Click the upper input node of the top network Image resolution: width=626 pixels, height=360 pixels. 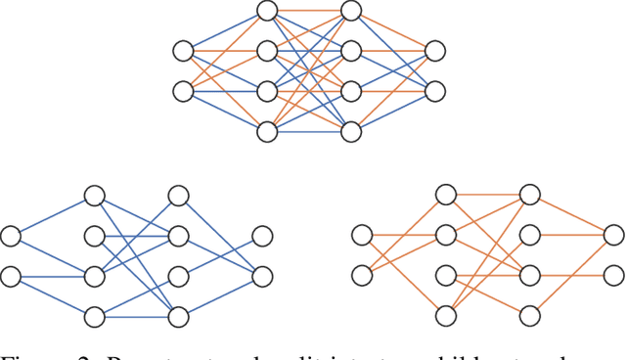pos(183,51)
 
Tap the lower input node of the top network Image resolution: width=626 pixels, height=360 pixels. pos(183,91)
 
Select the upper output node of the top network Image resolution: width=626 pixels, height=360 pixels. pos(435,51)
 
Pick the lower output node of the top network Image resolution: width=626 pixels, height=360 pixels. pos(435,91)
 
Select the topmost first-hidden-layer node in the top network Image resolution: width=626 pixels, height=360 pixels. pos(267,11)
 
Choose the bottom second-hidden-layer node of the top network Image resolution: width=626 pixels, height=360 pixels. pos(351,131)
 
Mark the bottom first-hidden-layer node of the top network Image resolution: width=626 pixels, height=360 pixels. pos(267,131)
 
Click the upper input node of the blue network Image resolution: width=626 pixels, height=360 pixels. pos(11,236)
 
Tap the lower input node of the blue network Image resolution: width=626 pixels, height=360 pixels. pos(11,277)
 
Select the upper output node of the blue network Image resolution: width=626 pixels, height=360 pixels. pos(262,236)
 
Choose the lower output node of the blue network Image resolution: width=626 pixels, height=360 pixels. pos(262,277)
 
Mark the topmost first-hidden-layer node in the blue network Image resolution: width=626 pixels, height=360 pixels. pos(94,196)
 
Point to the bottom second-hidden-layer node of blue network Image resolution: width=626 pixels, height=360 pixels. pos(178,316)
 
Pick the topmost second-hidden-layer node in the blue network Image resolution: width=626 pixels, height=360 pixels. pos(178,196)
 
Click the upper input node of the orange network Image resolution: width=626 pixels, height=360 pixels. pos(362,236)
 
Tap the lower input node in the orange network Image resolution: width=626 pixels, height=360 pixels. pos(362,277)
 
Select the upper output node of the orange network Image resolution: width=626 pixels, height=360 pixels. pos(613,236)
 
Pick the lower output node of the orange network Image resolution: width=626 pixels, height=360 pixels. pos(613,277)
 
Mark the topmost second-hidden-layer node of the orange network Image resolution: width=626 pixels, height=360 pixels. pos(529,196)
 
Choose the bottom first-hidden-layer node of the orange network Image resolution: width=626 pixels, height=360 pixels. pos(446,316)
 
